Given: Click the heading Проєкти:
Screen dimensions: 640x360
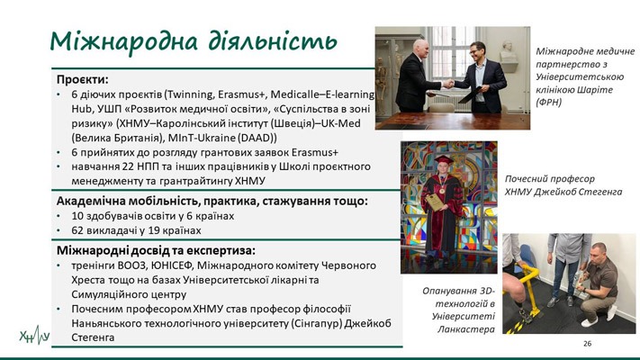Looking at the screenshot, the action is [83, 79].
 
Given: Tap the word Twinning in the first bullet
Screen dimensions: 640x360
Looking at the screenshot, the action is [190, 94].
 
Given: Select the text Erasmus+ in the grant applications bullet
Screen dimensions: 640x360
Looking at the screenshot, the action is [315, 152].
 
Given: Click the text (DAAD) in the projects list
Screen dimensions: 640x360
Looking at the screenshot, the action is [259, 138].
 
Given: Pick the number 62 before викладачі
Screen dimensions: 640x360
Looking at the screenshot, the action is [77, 230].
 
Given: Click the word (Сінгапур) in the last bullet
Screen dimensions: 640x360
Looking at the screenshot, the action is [317, 323].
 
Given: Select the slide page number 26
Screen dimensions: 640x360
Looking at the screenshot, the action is [588, 344].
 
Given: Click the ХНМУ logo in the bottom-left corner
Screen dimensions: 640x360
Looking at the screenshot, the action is [35, 336].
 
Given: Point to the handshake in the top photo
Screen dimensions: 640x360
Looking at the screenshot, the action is [448, 84].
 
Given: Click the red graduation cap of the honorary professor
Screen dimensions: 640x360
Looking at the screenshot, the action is [444, 159].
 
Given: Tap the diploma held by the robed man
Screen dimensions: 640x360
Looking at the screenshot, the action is [435, 202].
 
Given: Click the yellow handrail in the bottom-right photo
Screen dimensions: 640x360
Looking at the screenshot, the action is [524, 277].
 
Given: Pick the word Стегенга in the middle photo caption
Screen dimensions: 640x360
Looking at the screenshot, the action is [600, 192].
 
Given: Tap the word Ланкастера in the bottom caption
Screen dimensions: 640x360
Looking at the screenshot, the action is [466, 329].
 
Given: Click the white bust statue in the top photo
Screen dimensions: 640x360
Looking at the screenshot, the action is [508, 52].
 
